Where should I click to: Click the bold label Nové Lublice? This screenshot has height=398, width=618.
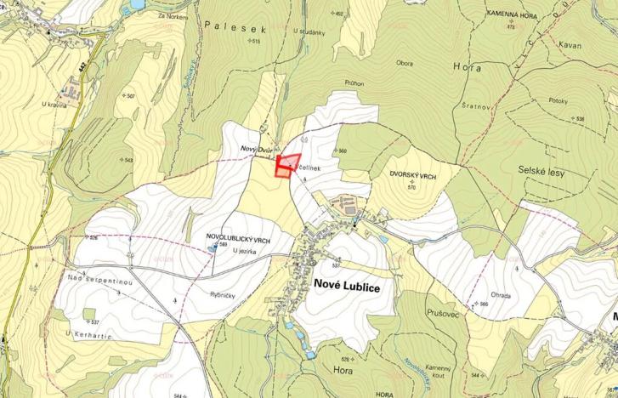(x=347, y=287)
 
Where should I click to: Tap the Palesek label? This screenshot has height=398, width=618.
(x=235, y=28)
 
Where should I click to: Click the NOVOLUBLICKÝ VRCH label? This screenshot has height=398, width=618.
(x=238, y=241)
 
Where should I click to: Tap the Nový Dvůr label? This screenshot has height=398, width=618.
(x=257, y=151)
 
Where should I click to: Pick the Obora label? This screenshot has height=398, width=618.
(x=405, y=62)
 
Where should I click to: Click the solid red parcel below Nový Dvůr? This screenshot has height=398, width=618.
(x=281, y=172)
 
